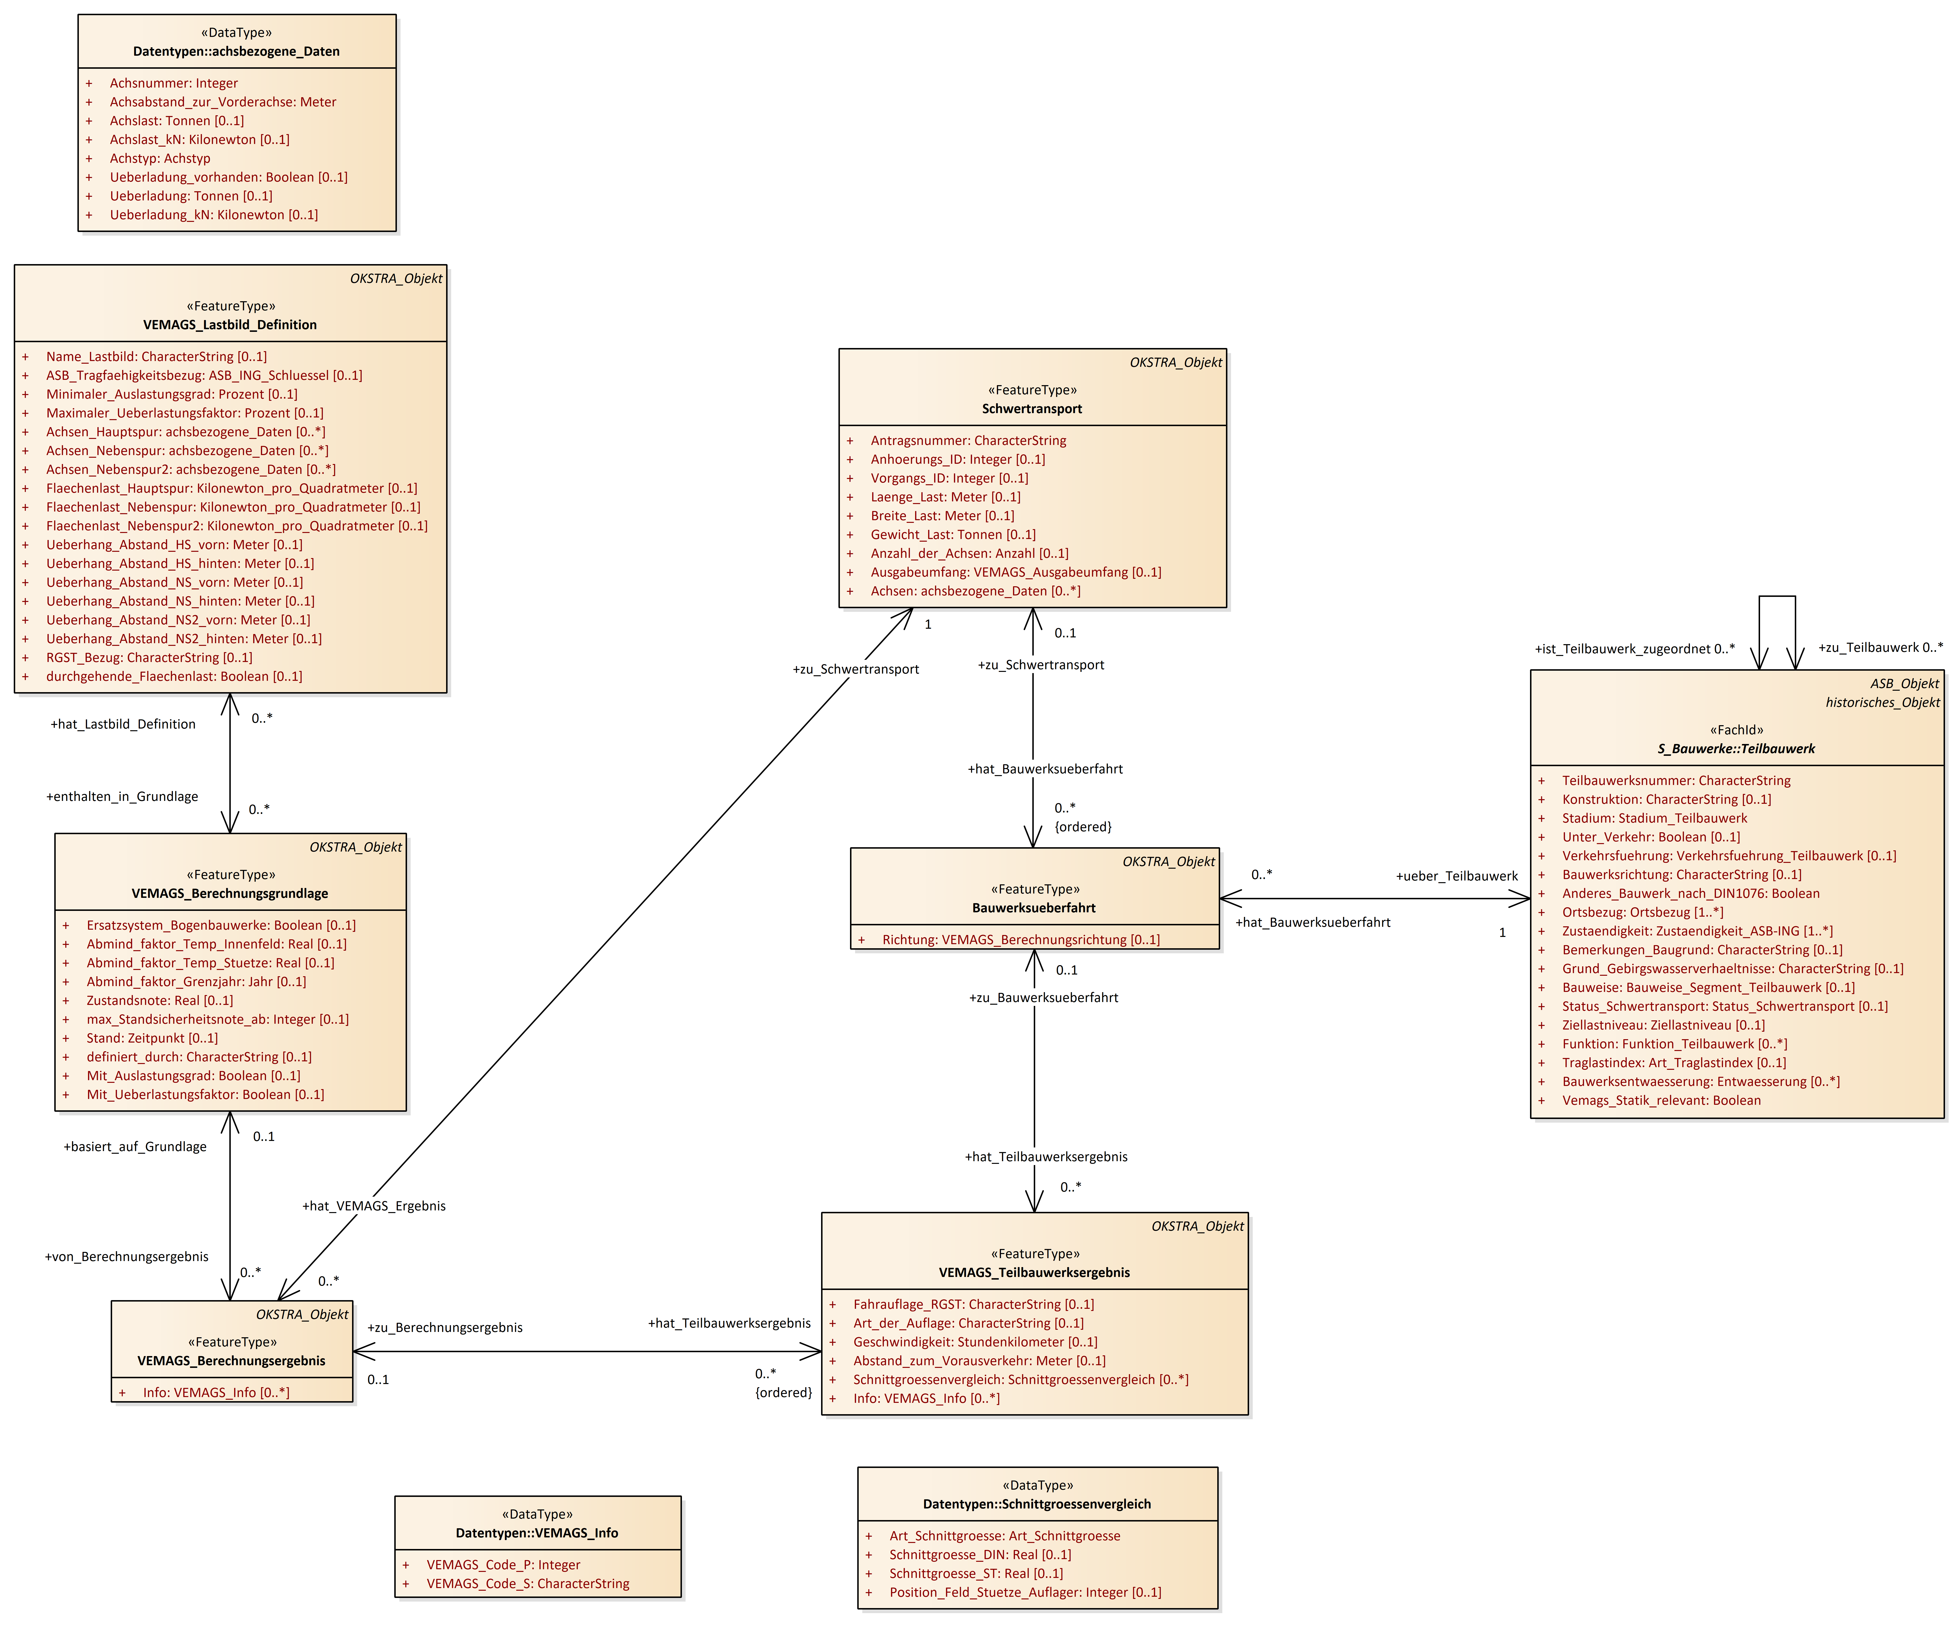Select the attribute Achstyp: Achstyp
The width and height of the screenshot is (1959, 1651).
click(x=160, y=158)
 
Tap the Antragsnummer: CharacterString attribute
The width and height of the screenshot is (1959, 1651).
click(x=968, y=441)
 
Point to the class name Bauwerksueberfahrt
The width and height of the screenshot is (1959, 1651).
click(x=1033, y=908)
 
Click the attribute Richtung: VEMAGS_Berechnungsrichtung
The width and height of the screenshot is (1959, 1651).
click(x=1020, y=940)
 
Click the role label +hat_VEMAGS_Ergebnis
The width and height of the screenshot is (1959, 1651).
click(x=374, y=1207)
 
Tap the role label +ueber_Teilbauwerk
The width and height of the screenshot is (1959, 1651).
click(x=1456, y=876)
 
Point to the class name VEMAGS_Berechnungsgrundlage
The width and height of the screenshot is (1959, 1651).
click(x=229, y=894)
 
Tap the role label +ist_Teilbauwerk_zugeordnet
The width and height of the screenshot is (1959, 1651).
click(x=1633, y=649)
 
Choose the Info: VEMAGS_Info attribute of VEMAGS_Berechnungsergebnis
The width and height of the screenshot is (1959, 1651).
click(x=215, y=1393)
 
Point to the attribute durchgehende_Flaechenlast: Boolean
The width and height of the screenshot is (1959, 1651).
click(x=174, y=677)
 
